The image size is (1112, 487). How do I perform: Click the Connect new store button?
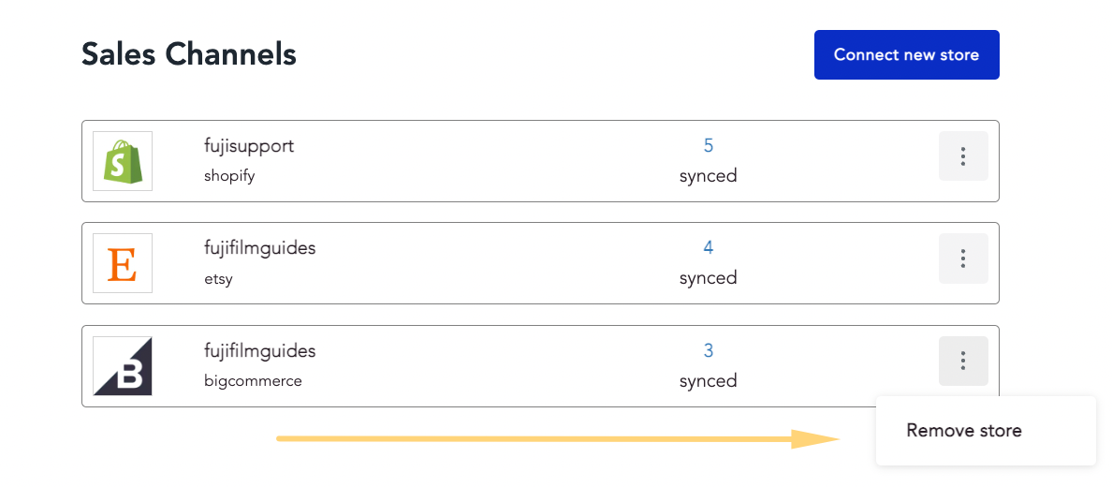[x=906, y=54]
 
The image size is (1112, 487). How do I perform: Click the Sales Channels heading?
[x=189, y=54]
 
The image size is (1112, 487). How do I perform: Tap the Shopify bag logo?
[x=123, y=161]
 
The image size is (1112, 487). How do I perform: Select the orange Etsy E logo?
[x=122, y=263]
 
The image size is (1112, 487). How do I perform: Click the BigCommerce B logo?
[x=123, y=365]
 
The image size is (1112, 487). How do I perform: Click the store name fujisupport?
[x=249, y=146]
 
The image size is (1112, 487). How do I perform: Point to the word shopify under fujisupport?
[x=229, y=176]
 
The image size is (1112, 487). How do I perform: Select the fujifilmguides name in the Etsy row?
[x=259, y=248]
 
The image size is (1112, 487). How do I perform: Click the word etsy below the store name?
[x=218, y=278]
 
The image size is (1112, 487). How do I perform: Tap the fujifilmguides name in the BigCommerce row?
[x=259, y=350]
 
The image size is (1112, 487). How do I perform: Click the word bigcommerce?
[x=253, y=381]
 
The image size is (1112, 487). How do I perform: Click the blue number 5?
[x=709, y=145]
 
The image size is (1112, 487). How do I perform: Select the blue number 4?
[x=709, y=248]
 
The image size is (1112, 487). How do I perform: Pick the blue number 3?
[x=709, y=350]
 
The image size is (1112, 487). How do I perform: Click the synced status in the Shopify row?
[x=709, y=175]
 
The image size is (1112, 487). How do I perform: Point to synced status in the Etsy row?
[x=709, y=277]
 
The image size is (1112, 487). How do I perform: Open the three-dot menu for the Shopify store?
[x=963, y=156]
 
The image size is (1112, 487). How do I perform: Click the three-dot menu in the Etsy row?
[x=963, y=258]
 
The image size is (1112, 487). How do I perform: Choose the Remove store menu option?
[x=964, y=430]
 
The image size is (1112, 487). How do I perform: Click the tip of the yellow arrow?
[x=840, y=439]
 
